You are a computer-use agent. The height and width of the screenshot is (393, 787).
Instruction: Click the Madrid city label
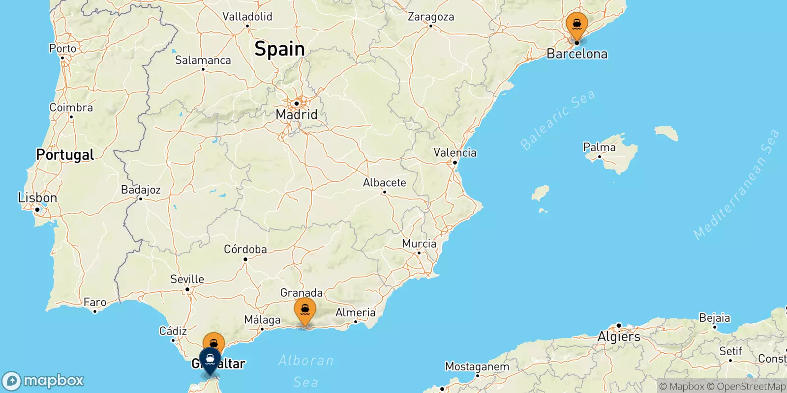click(296, 114)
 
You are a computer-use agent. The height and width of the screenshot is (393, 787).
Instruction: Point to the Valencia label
click(454, 153)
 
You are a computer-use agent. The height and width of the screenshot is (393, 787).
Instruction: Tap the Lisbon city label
click(37, 198)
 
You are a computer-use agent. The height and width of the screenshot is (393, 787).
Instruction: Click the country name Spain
click(279, 49)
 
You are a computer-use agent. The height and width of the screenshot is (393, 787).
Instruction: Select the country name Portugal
click(65, 155)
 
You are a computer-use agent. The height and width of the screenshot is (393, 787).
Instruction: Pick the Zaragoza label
click(431, 17)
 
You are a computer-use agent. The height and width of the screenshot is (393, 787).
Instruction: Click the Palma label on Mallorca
click(599, 147)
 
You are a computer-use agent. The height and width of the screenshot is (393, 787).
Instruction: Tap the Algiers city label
click(619, 337)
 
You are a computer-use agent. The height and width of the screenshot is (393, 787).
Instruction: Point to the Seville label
click(187, 279)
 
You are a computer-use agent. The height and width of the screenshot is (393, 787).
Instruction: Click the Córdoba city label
click(245, 249)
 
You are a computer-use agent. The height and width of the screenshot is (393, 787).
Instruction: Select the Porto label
click(62, 48)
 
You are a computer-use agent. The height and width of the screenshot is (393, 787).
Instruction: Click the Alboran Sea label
click(305, 371)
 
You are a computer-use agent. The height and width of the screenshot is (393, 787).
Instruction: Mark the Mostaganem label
click(477, 366)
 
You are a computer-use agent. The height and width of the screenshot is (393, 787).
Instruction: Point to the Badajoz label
click(141, 190)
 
